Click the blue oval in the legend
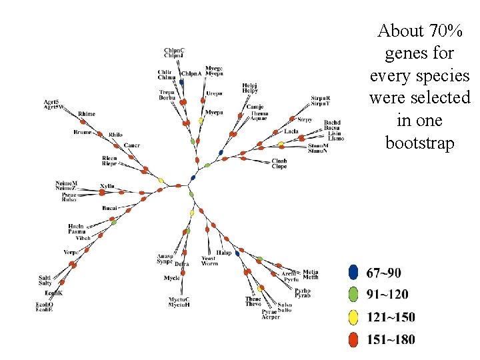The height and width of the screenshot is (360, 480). pos(354,273)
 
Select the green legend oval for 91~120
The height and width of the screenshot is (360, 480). pos(354,295)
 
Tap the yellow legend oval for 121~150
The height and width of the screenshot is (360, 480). pos(354,317)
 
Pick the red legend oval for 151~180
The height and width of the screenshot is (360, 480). pos(354,339)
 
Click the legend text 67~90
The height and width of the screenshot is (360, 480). pos(383,273)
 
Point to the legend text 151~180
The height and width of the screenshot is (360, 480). pos(390,339)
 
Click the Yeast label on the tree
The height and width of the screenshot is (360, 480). pos(209,258)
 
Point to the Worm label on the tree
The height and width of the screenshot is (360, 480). pos(209,263)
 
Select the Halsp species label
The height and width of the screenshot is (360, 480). pos(224,253)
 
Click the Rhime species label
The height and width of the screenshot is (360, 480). pos(87,114)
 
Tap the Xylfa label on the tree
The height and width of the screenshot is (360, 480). pos(107,185)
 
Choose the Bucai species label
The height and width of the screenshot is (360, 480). pos(110,209)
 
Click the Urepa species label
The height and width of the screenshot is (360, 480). pos(214,93)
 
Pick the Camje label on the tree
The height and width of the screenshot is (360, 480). pos(255,107)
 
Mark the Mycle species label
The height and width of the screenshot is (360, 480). pos(172,278)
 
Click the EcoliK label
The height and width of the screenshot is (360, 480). pos(53,293)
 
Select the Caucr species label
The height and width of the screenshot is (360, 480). pos(131,145)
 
